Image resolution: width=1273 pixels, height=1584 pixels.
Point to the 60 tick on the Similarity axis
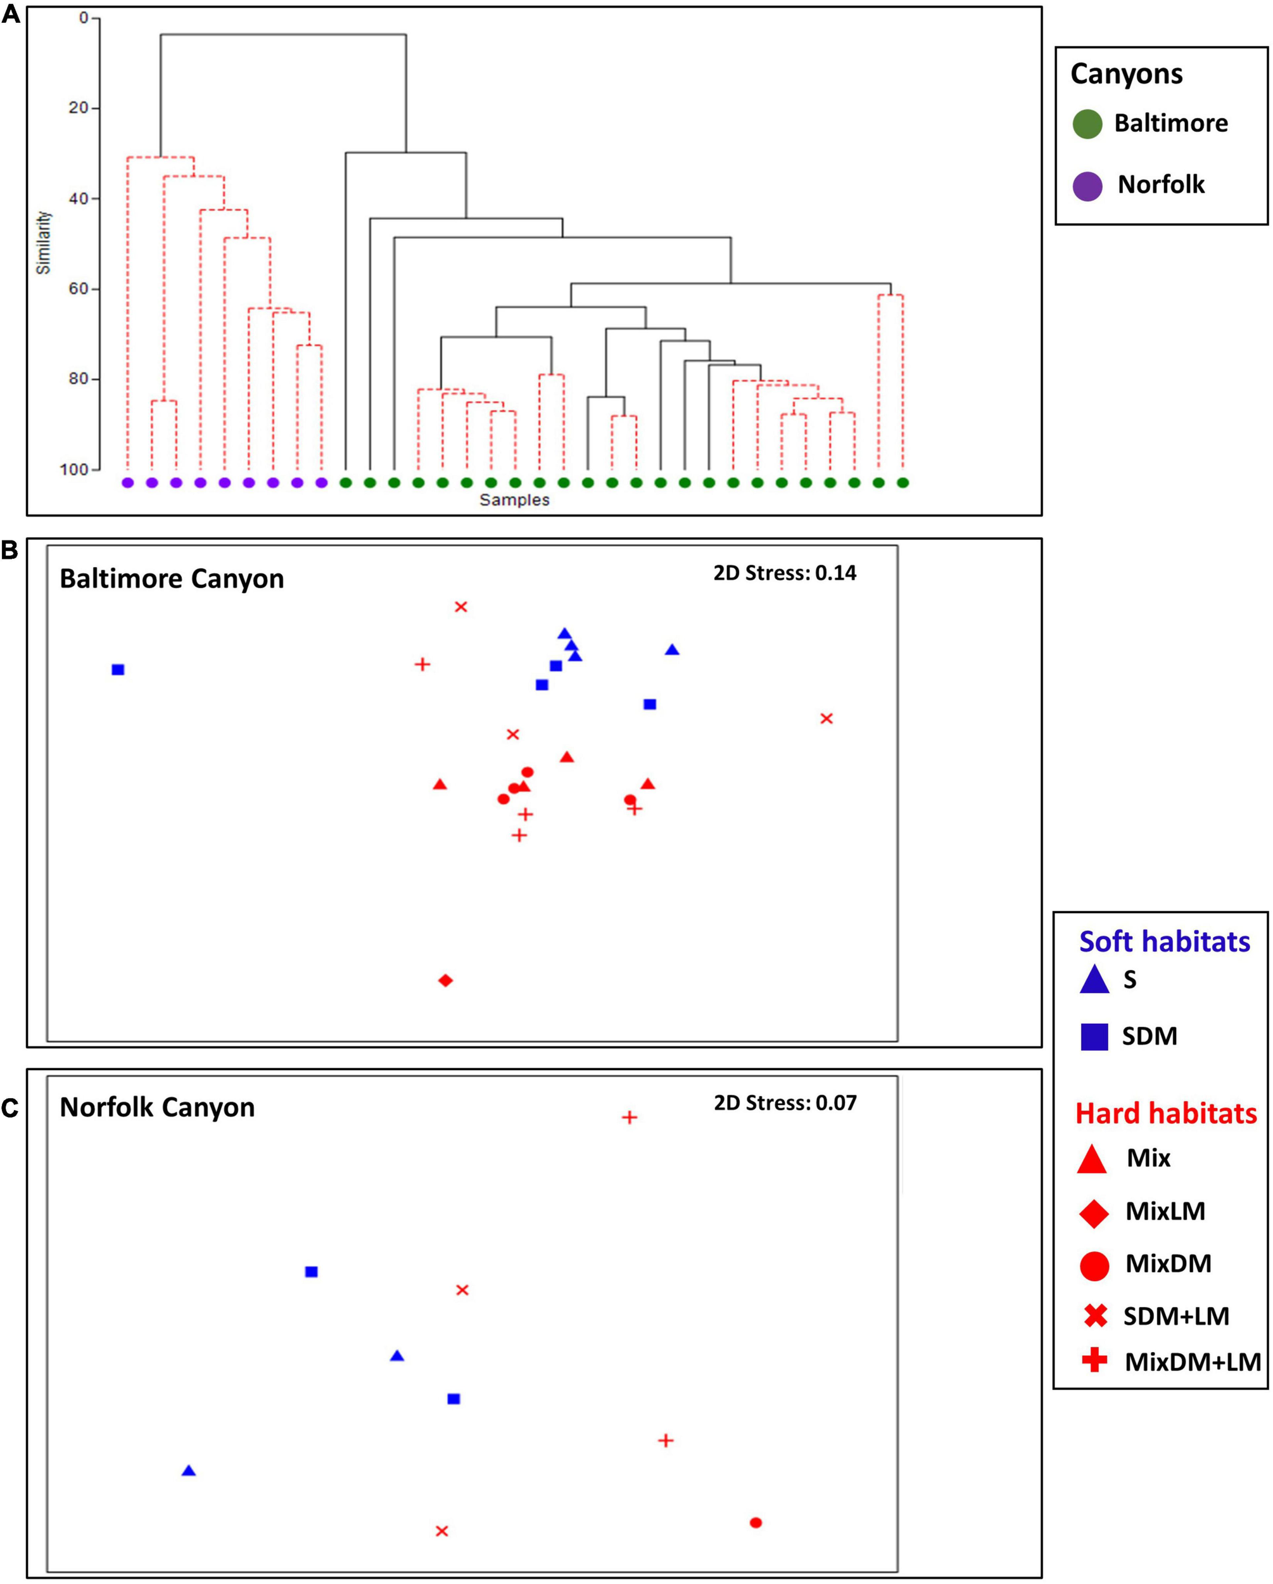tap(79, 289)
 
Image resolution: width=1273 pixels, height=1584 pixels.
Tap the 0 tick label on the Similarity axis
tap(84, 18)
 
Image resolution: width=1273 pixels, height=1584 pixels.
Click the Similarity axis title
tap(44, 243)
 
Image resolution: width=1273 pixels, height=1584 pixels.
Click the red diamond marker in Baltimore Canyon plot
tap(445, 980)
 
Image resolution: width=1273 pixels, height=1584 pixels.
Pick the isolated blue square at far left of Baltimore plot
tap(118, 669)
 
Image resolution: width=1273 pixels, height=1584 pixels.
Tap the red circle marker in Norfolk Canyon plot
tap(755, 1523)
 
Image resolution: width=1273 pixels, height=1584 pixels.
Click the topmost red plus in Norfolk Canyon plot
tap(629, 1118)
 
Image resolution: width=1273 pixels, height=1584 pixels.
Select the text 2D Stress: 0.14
tap(785, 573)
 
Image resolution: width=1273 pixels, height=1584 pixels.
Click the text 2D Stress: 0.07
tap(785, 1102)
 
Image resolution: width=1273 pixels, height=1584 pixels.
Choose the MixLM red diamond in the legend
tap(1094, 1213)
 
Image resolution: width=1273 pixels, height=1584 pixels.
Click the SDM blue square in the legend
tap(1094, 1037)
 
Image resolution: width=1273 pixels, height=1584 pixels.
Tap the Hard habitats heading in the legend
tap(1166, 1114)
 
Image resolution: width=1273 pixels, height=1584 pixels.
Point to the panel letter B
tap(10, 551)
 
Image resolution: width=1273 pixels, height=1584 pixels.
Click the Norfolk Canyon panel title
tap(157, 1107)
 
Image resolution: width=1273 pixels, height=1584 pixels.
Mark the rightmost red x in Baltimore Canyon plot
tap(826, 719)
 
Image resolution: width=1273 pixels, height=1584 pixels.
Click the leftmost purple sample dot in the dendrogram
tap(127, 483)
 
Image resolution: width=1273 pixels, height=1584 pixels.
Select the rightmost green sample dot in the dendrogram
tap(902, 483)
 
